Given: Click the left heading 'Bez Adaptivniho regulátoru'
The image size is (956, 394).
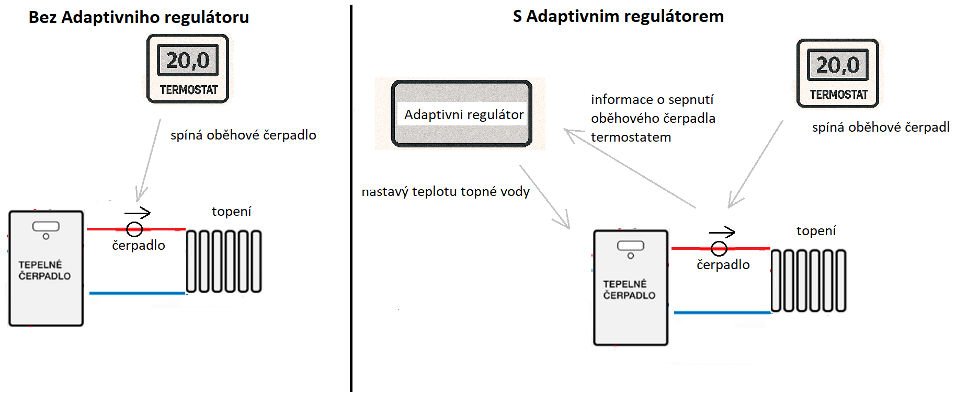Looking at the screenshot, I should tap(139, 17).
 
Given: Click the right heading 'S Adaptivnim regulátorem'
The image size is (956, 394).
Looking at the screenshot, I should tap(618, 16).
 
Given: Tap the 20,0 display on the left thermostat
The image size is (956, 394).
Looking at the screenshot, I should tap(188, 61).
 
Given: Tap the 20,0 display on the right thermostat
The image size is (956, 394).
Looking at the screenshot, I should tap(837, 65).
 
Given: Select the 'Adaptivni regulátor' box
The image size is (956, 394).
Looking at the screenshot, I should tap(462, 114).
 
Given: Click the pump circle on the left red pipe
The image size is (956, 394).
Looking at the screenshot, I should tap(134, 229).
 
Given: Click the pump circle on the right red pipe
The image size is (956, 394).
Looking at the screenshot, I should tap(719, 248).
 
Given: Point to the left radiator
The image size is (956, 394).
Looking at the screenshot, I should tap(224, 261).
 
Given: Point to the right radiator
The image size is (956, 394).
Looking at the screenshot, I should tap(809, 281).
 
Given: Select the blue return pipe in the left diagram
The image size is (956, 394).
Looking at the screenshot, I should tap(137, 293).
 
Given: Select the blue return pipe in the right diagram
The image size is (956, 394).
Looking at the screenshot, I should tap(722, 312).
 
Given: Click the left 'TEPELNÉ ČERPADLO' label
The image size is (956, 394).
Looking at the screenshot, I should tap(44, 270).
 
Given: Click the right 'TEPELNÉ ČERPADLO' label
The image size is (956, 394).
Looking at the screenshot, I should tap(629, 289).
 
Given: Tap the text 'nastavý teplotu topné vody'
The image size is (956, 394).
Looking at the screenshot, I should tap(446, 192).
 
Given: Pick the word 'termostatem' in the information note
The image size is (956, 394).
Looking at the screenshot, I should tap(631, 137).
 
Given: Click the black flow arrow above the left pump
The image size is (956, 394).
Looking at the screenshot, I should tap(138, 213).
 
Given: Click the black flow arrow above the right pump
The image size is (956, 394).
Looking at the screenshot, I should tap(722, 232).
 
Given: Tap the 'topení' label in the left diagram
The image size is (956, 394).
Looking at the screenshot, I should tap(231, 212).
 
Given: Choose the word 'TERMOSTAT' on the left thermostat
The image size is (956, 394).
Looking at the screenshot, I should tap(189, 90).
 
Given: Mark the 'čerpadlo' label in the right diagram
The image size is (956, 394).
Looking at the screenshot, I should tap(723, 265).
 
